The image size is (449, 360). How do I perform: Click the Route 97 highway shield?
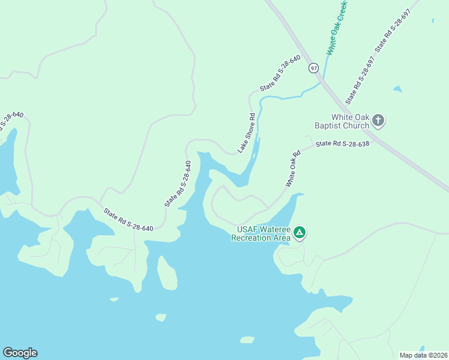(x=313, y=68)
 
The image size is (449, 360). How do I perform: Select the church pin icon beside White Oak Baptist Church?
(x=378, y=121)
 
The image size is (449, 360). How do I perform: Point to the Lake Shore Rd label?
(x=247, y=133)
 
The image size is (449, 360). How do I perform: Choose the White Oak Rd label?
(x=293, y=168)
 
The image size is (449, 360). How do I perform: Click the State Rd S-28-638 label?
(x=342, y=143)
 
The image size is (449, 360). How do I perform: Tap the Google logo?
(x=20, y=353)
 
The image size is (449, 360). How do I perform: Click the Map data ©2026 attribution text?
(x=423, y=355)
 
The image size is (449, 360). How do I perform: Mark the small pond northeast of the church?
(x=397, y=89)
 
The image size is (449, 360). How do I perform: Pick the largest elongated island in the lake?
(x=167, y=273)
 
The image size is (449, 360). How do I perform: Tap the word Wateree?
(x=275, y=229)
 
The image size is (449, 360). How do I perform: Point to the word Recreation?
(x=254, y=238)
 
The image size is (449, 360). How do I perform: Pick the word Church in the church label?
(x=359, y=126)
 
